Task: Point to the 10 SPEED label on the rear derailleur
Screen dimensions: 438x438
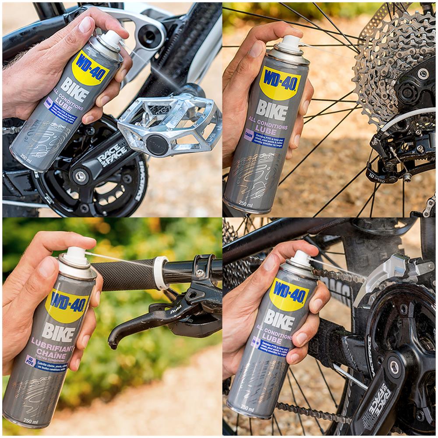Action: (376, 179)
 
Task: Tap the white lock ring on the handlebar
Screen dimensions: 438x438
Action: (160, 273)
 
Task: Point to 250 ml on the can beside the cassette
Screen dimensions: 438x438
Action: (246, 204)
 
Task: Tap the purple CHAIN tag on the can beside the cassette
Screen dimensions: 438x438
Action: (249, 135)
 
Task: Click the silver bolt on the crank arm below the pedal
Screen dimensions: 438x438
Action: (81, 177)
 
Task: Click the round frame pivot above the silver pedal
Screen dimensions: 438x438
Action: (150, 35)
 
